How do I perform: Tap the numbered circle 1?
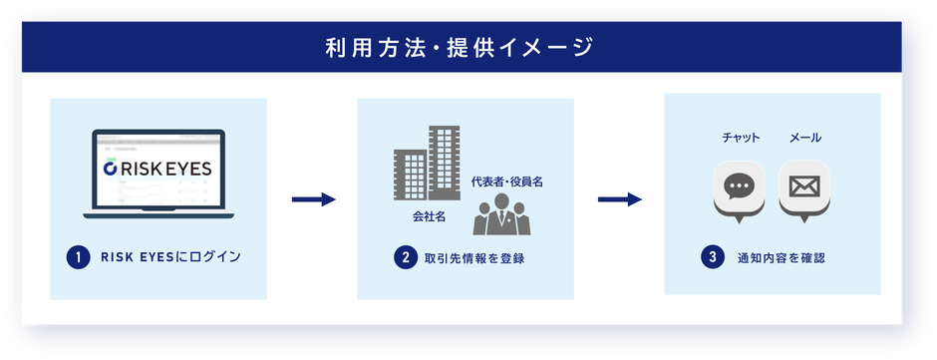[x=75, y=257]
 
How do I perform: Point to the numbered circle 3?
[x=712, y=257]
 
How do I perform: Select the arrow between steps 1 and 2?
[x=312, y=200]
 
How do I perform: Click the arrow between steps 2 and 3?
[x=619, y=200]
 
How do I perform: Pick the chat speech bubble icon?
[x=739, y=187]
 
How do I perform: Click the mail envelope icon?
[x=804, y=187]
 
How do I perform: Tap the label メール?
[x=805, y=138]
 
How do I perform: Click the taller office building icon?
[x=444, y=164]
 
